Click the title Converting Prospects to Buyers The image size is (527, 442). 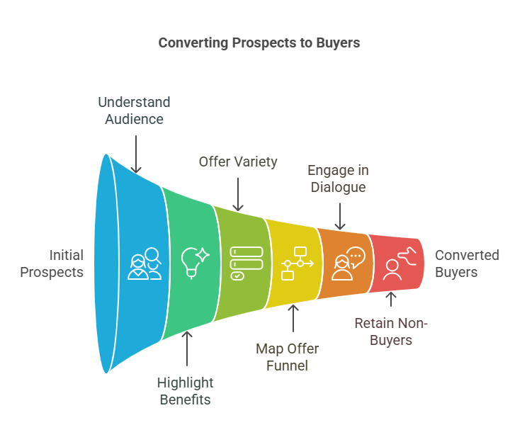[259, 43]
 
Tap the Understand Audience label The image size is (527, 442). [134, 110]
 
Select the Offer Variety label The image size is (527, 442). [238, 162]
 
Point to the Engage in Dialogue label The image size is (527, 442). [337, 179]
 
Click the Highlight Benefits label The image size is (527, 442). [185, 391]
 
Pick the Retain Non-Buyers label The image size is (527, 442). [391, 331]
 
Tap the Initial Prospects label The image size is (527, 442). [52, 263]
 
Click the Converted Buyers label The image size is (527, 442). [467, 263]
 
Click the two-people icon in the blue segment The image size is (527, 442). [145, 263]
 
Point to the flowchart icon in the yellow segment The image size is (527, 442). [297, 263]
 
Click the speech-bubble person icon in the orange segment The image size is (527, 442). [347, 263]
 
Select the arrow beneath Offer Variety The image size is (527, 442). [239, 193]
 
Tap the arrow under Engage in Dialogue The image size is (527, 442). [339, 216]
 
